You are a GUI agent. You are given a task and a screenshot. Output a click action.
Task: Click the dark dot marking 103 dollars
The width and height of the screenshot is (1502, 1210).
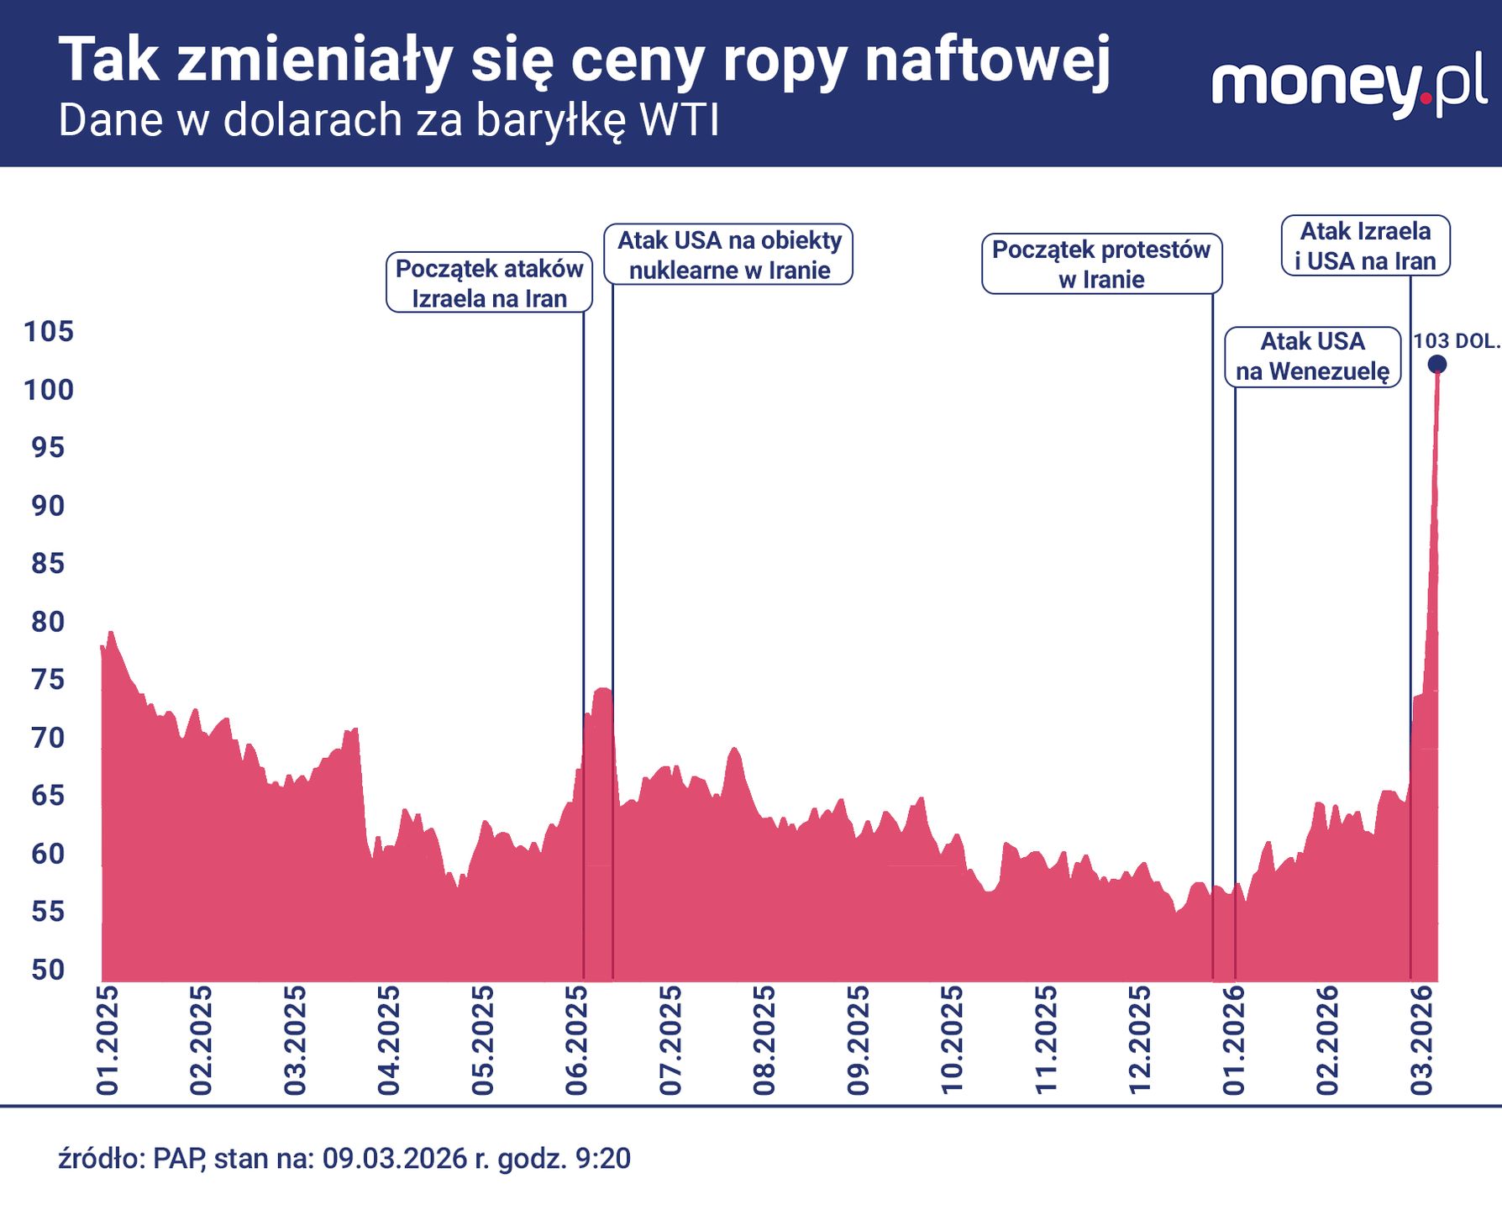point(1437,364)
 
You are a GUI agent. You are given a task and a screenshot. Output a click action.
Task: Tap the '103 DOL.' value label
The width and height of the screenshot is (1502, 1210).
point(1456,341)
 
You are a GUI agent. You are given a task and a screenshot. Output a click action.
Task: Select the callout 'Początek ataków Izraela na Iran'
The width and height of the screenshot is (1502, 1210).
point(489,282)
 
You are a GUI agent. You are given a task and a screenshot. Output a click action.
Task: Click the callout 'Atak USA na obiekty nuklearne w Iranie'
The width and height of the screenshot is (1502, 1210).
point(729,255)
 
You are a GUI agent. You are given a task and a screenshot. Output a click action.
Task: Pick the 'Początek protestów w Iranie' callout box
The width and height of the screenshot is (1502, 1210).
point(1101,264)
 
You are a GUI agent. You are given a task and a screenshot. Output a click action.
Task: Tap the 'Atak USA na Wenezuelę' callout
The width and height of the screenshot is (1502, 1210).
point(1312,356)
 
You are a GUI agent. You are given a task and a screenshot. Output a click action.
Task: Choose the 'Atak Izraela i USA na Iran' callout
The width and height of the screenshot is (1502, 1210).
point(1365,245)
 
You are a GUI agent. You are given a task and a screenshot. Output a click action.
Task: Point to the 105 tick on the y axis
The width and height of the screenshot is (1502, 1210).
point(49,332)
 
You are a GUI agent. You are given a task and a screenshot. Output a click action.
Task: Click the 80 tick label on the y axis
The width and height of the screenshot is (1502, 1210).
point(49,622)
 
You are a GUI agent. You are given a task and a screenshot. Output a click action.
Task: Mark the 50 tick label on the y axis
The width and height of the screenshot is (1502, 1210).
point(49,970)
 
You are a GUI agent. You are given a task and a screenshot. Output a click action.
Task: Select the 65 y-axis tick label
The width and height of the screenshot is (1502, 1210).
point(49,796)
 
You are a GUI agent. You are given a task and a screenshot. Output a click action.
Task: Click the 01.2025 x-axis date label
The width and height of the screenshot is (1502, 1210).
point(108,1040)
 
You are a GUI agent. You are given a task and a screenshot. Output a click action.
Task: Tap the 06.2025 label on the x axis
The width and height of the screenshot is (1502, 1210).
point(576,1040)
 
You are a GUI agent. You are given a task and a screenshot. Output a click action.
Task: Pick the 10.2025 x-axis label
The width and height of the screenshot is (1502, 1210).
point(951,1040)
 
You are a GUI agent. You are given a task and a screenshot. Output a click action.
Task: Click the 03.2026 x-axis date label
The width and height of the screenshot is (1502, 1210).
point(1421,1040)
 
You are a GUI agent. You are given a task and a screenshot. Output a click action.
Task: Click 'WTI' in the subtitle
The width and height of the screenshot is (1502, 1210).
point(679,120)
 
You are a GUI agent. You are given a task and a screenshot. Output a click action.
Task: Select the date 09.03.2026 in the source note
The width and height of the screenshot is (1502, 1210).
point(394,1159)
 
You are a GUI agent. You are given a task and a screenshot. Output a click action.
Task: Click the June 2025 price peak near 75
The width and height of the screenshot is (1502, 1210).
point(602,689)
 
